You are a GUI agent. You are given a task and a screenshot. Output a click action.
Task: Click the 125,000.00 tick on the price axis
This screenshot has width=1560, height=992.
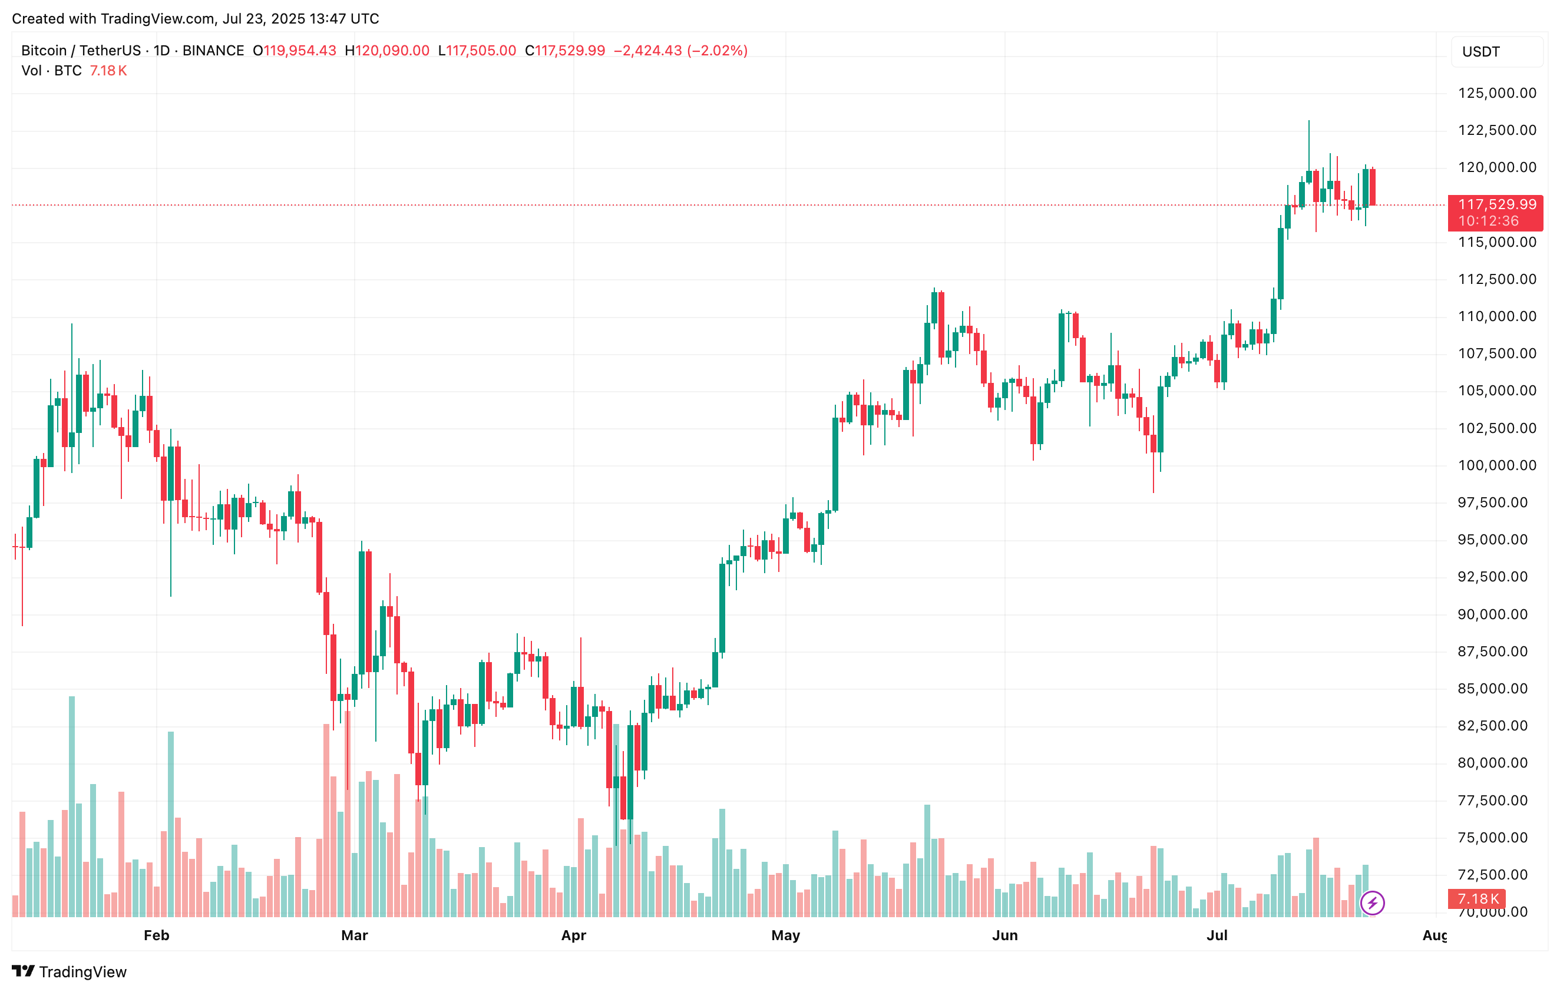pos(1496,93)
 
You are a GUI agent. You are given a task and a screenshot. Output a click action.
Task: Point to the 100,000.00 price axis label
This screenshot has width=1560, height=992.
pos(1496,465)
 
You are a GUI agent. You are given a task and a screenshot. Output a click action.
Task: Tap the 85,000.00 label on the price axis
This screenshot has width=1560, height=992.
pos(1496,689)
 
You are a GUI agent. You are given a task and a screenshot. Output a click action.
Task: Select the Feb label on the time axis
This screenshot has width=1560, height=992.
pos(156,935)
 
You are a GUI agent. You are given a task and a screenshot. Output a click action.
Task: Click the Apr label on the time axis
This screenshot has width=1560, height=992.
pos(573,935)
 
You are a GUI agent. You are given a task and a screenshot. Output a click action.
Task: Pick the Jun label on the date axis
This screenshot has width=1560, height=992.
pos(1005,935)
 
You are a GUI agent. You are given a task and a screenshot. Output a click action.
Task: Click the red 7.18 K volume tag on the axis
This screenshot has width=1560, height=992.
pos(1478,899)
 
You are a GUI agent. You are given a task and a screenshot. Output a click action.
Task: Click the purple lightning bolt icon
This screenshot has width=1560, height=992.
pos(1372,902)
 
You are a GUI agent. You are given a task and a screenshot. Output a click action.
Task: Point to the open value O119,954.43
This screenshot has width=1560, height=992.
pos(295,51)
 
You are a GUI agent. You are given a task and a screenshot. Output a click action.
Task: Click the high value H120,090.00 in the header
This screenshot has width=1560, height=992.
pos(388,51)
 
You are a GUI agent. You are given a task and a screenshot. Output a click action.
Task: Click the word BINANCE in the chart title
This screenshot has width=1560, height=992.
pos(213,51)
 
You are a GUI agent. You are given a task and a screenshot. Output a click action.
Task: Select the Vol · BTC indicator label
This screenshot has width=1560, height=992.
pos(51,71)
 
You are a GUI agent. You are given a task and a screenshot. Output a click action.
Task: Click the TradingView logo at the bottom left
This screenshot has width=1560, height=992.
pos(70,971)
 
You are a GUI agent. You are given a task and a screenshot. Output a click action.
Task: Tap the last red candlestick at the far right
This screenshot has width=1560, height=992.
pos(1373,187)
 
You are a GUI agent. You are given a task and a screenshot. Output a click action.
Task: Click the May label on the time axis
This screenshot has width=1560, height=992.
pos(786,935)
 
